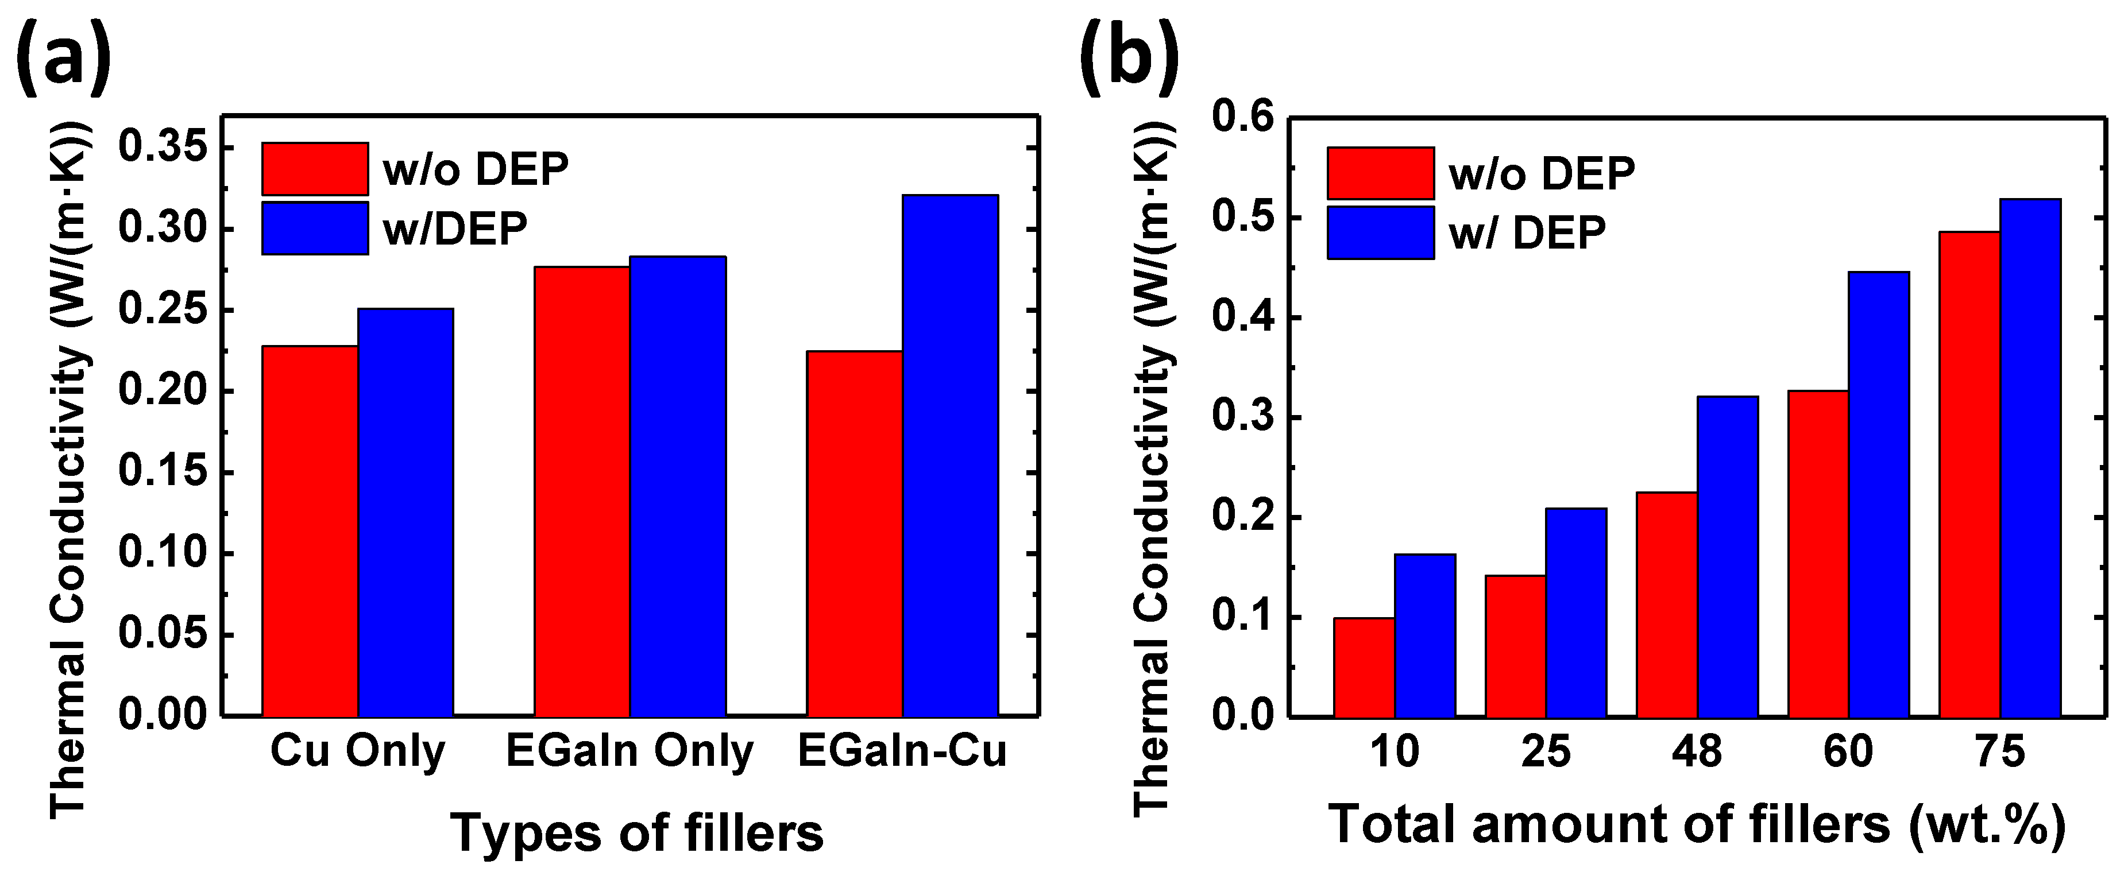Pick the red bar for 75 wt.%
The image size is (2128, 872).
pos(1970,474)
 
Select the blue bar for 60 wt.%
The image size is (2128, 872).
pos(1879,494)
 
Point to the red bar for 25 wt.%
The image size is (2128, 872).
pos(1515,646)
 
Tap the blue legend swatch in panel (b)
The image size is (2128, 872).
pos(1380,233)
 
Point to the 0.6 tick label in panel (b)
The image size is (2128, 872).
pos(1242,118)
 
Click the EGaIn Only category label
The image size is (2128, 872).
pos(629,752)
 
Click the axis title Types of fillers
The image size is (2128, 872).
pos(637,832)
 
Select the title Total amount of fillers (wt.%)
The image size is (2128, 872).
pos(1698,824)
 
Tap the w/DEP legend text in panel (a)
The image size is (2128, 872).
pos(454,228)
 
